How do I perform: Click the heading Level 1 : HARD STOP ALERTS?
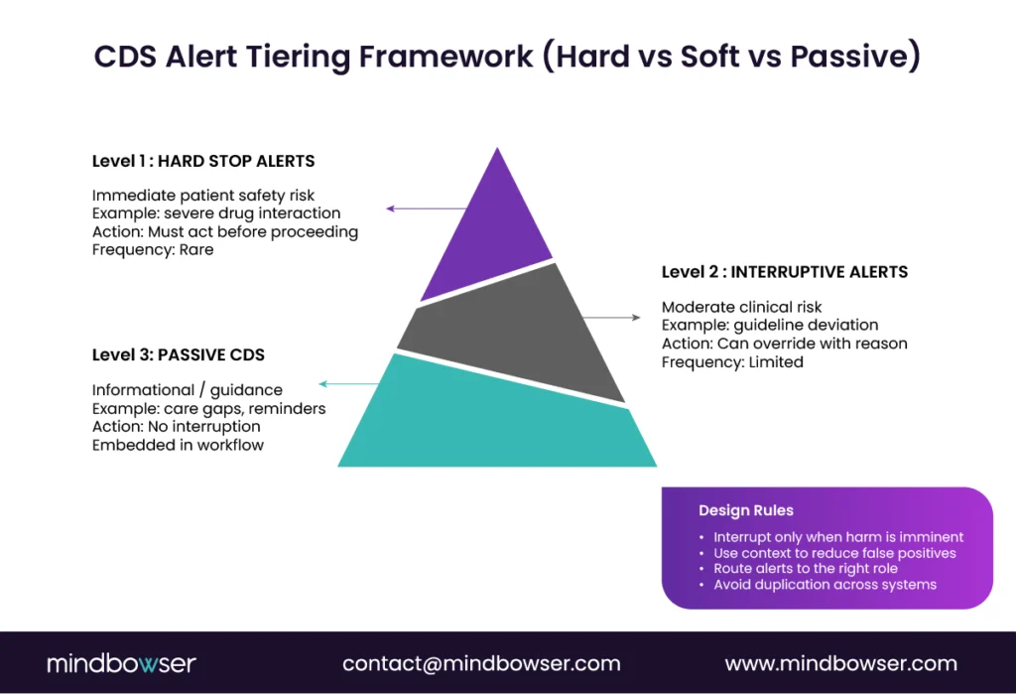click(203, 161)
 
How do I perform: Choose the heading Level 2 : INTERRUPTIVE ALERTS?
click(785, 271)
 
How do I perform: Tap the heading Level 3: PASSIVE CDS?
click(179, 354)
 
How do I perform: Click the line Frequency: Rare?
click(153, 250)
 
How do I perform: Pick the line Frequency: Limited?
click(732, 362)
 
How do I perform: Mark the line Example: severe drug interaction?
click(216, 213)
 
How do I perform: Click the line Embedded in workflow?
click(179, 445)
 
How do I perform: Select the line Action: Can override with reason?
click(785, 344)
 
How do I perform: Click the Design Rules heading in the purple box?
click(746, 510)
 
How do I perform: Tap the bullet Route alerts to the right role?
click(806, 569)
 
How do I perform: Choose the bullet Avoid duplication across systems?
click(825, 585)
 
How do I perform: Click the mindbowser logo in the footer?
click(122, 663)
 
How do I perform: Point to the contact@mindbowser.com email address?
click(481, 663)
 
